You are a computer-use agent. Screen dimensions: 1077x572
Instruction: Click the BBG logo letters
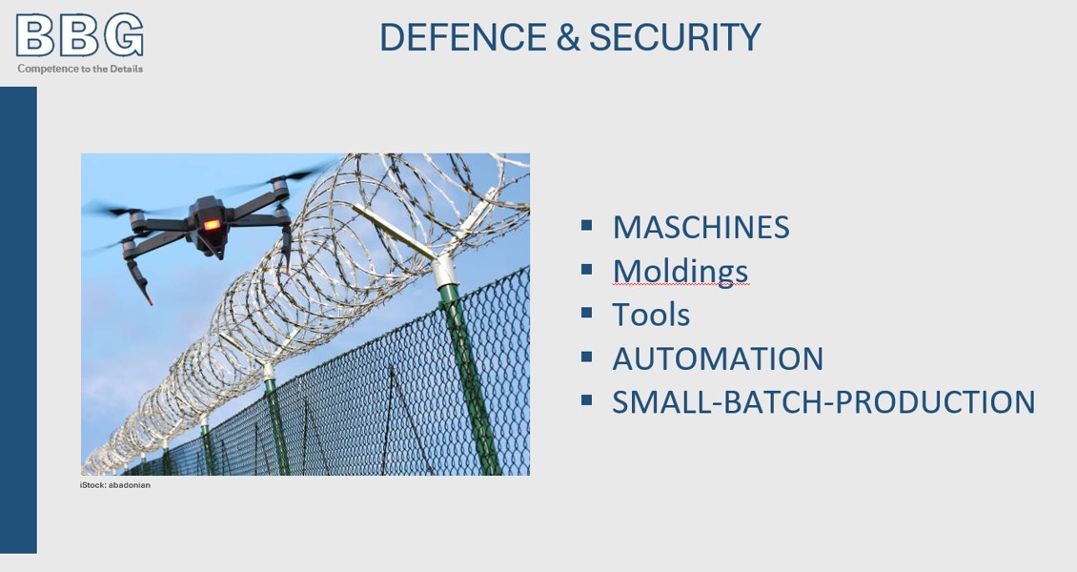(x=80, y=35)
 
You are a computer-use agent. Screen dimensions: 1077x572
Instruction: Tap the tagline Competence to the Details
(x=80, y=69)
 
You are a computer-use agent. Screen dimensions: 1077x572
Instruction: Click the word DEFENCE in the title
(x=463, y=37)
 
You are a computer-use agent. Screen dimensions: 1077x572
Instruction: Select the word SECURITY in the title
(x=675, y=37)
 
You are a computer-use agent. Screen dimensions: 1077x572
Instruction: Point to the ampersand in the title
(x=569, y=37)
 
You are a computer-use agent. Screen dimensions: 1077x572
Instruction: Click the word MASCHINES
(x=701, y=227)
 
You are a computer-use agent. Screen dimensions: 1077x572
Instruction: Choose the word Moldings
(x=680, y=272)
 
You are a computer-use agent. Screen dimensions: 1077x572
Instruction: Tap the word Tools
(x=651, y=316)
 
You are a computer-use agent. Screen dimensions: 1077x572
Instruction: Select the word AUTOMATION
(x=718, y=358)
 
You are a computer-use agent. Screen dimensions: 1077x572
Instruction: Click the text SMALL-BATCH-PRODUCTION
(x=823, y=402)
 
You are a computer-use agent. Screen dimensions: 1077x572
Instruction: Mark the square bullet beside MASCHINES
(x=586, y=225)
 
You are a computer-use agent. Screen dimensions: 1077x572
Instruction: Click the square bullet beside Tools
(x=586, y=313)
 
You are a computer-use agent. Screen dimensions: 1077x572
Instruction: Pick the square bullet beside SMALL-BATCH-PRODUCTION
(x=586, y=399)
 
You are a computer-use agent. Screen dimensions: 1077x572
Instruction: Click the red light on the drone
(x=212, y=225)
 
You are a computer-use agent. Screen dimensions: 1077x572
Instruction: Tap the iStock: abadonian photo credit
(x=114, y=485)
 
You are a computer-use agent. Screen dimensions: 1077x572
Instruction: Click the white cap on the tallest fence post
(x=444, y=271)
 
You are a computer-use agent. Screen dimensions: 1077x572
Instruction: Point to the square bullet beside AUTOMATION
(x=586, y=357)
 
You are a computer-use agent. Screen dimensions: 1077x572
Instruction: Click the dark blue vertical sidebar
(x=18, y=320)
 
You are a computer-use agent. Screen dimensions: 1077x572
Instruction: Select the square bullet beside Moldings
(x=586, y=269)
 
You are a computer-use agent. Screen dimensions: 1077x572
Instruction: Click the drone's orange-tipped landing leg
(x=139, y=283)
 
